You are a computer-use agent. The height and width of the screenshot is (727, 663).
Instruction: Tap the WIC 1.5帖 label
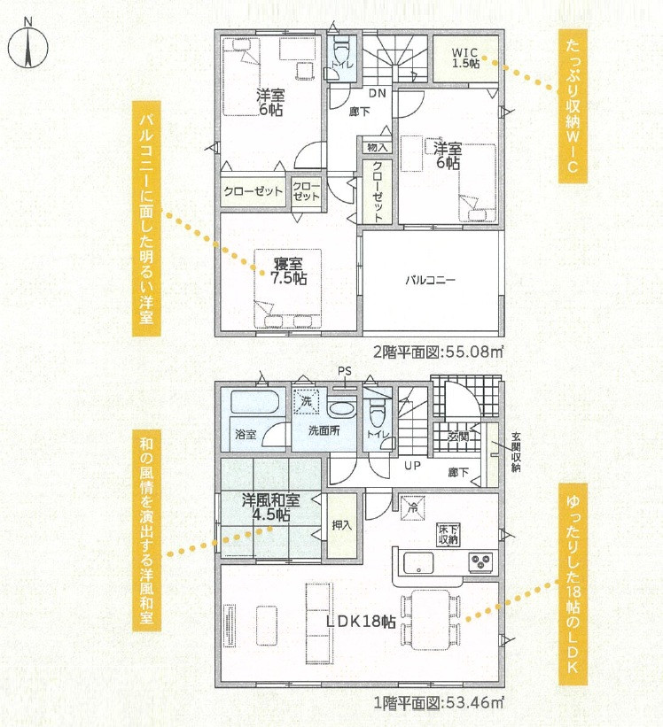click(465, 58)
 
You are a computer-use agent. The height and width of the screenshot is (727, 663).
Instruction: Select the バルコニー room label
click(430, 280)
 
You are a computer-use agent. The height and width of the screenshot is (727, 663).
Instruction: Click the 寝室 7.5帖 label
click(288, 272)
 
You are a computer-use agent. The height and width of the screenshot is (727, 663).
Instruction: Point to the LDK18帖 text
click(361, 622)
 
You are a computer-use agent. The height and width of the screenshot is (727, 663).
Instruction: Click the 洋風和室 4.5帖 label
click(270, 507)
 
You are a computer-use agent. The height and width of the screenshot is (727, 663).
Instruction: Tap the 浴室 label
click(246, 435)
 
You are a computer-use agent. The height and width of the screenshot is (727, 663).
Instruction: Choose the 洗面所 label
click(324, 430)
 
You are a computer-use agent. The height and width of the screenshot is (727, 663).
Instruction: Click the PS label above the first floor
click(345, 371)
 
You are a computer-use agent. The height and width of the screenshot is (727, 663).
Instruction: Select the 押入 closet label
click(342, 525)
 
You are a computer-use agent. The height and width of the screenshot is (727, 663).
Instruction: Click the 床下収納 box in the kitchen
click(448, 535)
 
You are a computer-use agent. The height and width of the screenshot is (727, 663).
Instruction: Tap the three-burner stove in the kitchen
click(482, 561)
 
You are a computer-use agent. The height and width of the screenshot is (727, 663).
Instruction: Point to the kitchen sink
click(418, 563)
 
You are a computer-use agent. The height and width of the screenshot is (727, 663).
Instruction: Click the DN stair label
click(378, 93)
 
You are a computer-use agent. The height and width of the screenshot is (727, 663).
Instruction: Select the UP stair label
click(412, 466)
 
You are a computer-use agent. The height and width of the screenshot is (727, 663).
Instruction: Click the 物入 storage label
click(377, 148)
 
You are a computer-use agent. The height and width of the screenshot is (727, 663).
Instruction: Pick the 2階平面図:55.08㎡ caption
click(439, 352)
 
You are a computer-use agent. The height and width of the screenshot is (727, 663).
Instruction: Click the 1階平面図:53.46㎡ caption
click(439, 703)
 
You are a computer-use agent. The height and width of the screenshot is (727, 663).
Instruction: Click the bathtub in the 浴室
click(254, 402)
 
